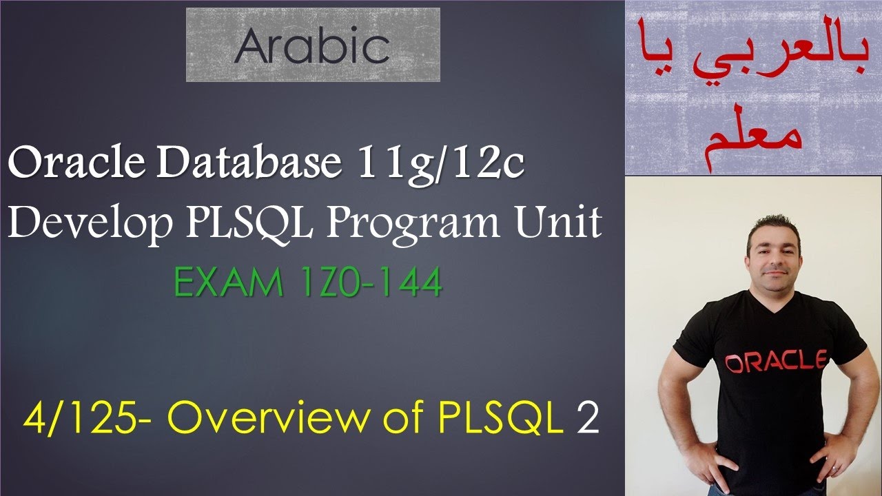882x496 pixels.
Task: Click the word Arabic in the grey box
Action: [x=312, y=46]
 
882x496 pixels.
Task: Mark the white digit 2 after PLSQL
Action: [x=587, y=421]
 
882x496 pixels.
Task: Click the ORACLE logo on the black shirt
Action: [x=776, y=361]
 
